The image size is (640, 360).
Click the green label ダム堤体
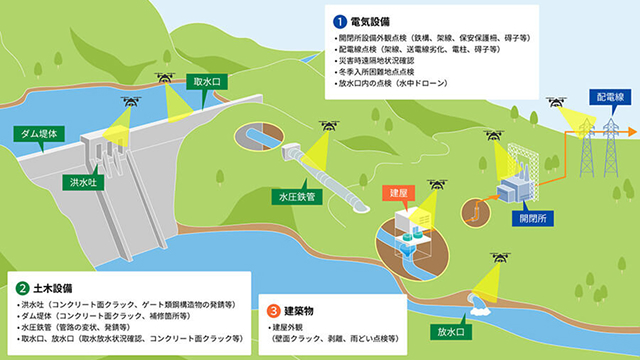coord(41,132)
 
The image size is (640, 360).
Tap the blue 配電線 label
coord(609,97)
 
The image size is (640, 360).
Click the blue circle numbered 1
coord(338,19)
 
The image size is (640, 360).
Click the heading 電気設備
coord(372,19)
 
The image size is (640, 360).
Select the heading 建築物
coord(305,310)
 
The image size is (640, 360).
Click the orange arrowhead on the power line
coord(632,131)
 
